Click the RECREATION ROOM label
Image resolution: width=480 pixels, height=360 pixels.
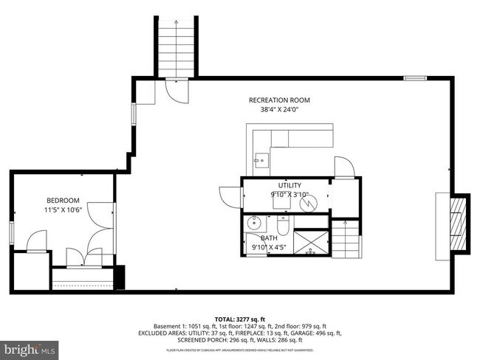point(278,100)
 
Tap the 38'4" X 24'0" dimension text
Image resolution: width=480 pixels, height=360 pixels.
point(278,109)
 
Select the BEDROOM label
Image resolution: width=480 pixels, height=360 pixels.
point(63,201)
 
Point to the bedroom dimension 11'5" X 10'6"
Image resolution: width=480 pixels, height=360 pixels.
point(63,210)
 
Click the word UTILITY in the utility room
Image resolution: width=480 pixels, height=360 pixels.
point(289,185)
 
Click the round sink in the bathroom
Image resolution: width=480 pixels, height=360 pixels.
point(255,222)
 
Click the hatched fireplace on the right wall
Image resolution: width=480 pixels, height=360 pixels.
point(460,223)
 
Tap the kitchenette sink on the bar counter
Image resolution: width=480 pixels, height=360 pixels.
point(260,158)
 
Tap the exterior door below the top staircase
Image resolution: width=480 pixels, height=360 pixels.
point(178,90)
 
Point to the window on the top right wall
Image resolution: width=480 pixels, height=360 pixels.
point(415,77)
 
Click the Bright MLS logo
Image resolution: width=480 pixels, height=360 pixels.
point(30,347)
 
